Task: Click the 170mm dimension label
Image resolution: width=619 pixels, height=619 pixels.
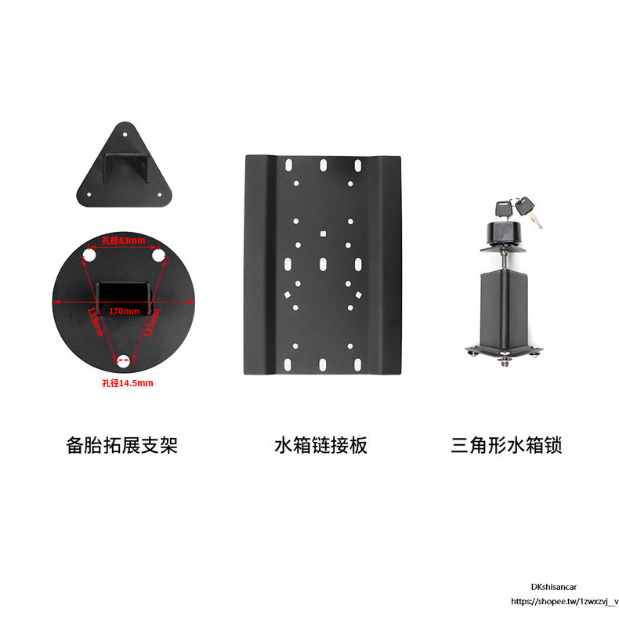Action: pyautogui.click(x=124, y=310)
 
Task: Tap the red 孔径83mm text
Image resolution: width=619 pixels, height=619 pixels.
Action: pyautogui.click(x=124, y=241)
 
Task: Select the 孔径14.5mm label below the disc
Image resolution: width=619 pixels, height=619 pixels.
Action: pyautogui.click(x=127, y=383)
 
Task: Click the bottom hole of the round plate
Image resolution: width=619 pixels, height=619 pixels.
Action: pyautogui.click(x=124, y=362)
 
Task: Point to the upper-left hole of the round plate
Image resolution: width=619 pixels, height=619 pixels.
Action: pyautogui.click(x=89, y=256)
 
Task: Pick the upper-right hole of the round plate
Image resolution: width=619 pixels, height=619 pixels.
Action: pyautogui.click(x=157, y=256)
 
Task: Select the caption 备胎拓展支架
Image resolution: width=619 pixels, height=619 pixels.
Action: pyautogui.click(x=122, y=446)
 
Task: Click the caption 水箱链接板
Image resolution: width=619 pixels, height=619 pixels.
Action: pyautogui.click(x=320, y=446)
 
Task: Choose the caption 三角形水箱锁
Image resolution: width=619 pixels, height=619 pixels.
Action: pyautogui.click(x=507, y=446)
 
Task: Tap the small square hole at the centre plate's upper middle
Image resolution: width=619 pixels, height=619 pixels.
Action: pyautogui.click(x=323, y=232)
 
